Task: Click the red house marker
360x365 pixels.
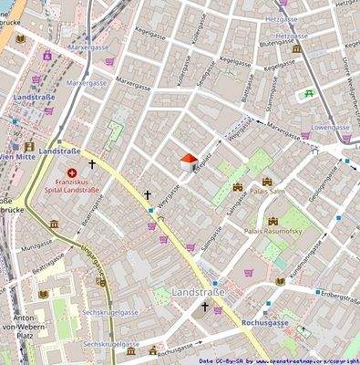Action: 188,162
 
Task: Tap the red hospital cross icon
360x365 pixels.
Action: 73,172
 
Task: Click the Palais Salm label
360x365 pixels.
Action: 270,192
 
